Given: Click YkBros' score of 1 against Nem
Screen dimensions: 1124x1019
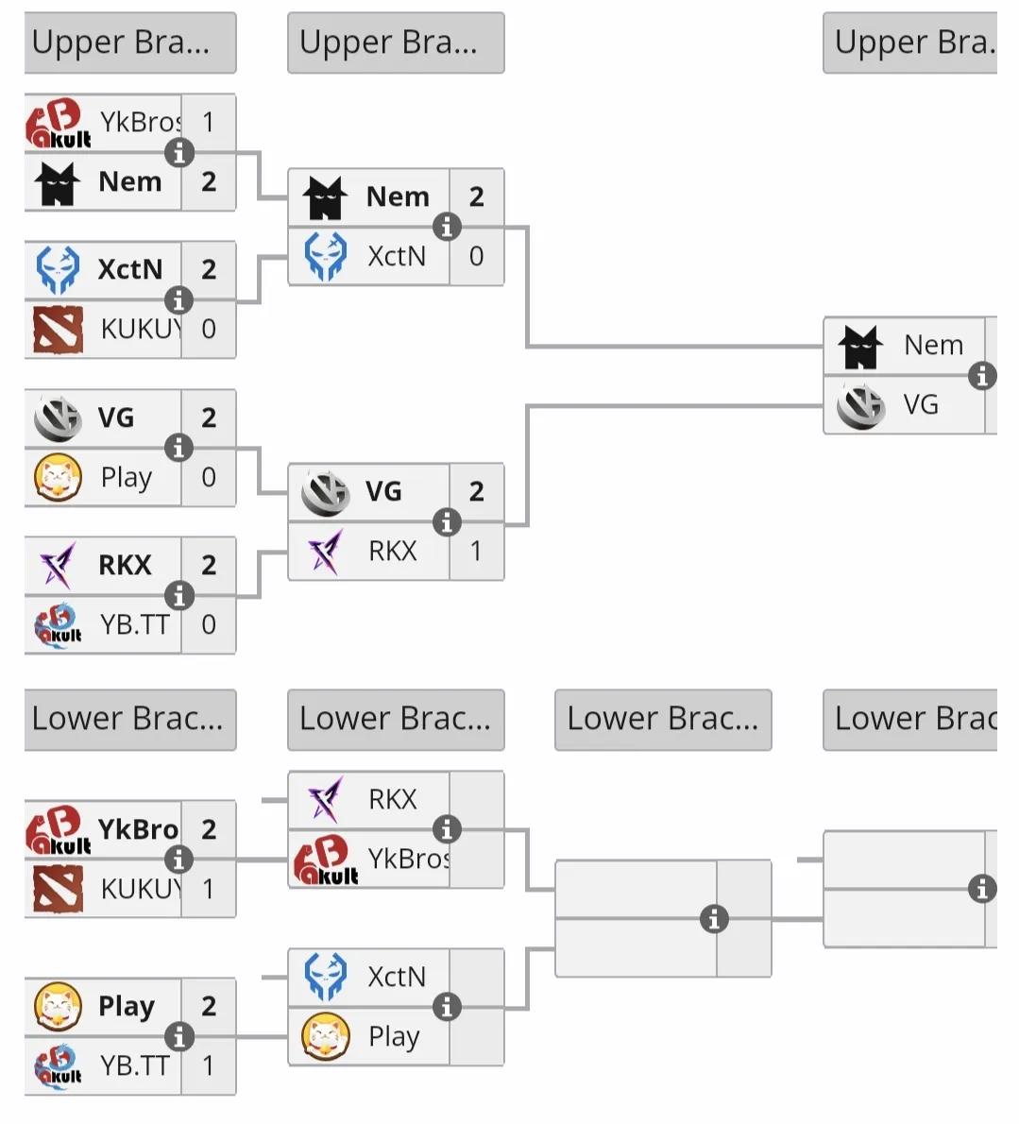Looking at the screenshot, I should point(208,123).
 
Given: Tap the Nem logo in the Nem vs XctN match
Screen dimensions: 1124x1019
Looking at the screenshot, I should point(326,197).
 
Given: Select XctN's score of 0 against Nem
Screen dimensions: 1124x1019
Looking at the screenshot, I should point(476,256).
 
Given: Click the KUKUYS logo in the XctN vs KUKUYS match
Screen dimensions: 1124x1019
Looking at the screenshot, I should point(58,329).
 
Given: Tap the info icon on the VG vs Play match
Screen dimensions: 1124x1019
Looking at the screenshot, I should point(178,448).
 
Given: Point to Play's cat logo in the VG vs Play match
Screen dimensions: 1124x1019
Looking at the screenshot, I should point(58,477).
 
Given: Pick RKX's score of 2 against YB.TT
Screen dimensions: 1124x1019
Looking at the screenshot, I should point(208,565).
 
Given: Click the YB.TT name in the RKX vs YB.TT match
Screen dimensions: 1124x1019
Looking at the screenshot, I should point(135,624).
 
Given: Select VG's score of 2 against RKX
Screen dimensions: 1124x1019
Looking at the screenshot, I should point(476,491).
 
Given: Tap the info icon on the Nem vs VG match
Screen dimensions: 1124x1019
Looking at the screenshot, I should point(982,375).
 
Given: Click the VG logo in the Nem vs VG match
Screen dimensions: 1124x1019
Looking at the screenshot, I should point(860,405).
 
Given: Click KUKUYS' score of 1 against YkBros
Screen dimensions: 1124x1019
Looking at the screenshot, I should point(208,889).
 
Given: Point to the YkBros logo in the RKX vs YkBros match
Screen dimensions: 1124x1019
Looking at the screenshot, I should point(326,860).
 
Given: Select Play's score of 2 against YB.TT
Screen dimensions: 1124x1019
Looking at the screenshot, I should point(208,1007).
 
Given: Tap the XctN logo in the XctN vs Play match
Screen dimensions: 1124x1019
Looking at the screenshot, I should point(326,977).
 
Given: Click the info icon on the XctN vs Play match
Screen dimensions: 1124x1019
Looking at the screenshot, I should point(447,1007).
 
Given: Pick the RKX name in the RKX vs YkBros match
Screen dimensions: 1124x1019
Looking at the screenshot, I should point(392,799).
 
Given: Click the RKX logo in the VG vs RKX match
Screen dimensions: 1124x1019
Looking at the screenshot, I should point(326,551).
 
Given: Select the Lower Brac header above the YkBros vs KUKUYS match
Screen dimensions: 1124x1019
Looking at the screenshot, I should point(129,720).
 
